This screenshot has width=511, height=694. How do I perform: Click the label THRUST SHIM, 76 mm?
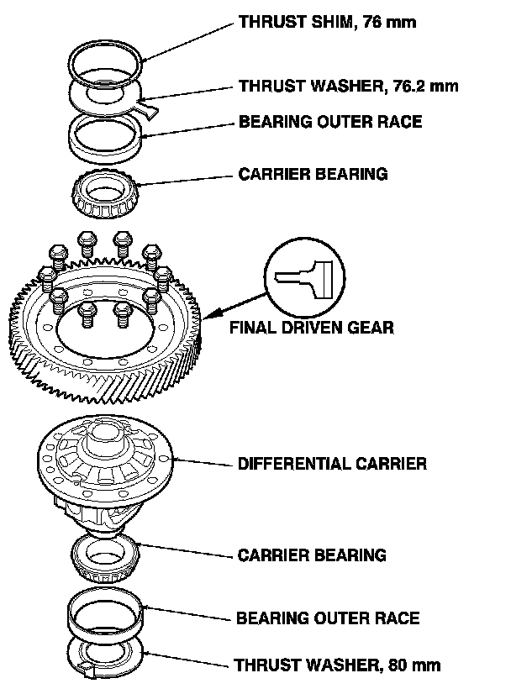point(328,23)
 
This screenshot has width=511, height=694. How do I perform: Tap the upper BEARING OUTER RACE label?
point(330,123)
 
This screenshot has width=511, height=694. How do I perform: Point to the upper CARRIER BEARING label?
point(313,175)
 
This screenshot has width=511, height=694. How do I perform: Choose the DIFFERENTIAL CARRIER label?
point(332,464)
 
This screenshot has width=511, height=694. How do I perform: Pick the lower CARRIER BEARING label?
point(312,555)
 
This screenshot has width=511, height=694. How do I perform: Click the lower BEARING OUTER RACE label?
point(328,618)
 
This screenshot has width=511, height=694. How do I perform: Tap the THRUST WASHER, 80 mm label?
point(337,666)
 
